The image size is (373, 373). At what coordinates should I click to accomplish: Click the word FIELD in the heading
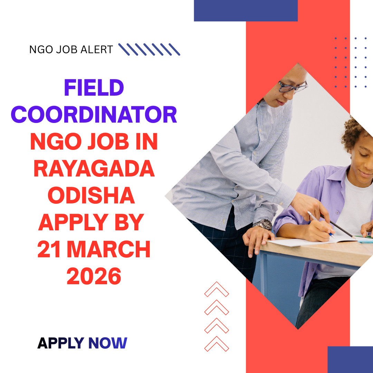[94, 88]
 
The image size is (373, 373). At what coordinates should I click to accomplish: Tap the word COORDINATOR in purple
[94, 115]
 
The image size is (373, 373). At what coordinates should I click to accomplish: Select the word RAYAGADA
[94, 169]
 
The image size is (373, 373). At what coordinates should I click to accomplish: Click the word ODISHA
[91, 196]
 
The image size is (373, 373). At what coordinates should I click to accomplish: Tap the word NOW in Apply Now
[108, 343]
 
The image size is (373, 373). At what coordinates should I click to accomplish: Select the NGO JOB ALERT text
[71, 50]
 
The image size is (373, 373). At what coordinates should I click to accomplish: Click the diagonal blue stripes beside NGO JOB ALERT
[149, 49]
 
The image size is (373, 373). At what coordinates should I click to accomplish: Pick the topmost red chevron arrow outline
[217, 289]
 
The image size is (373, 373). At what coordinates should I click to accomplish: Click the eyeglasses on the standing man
[292, 86]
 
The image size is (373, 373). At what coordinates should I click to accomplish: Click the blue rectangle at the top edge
[246, 10]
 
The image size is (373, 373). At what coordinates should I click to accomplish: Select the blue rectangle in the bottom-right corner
[350, 359]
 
